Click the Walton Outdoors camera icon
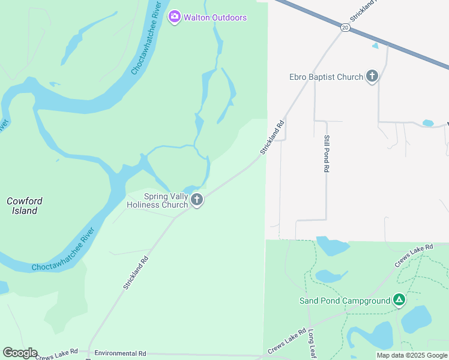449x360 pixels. pos(175,17)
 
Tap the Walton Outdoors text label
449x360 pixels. pos(214,17)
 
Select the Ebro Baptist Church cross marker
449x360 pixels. pos(372,76)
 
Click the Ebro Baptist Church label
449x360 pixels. pos(327,77)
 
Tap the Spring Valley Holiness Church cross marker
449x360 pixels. pos(197,200)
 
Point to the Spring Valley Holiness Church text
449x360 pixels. pos(158,200)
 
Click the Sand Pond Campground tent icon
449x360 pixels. pos(399,300)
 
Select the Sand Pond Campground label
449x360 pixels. pos(345,301)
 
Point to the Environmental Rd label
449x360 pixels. pos(120,353)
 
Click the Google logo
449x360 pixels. pos(20,353)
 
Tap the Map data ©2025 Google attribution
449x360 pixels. pos(412,355)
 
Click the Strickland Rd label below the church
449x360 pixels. pos(136,274)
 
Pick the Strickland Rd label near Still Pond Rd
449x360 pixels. pos(272,138)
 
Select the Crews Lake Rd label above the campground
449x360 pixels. pos(414,256)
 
